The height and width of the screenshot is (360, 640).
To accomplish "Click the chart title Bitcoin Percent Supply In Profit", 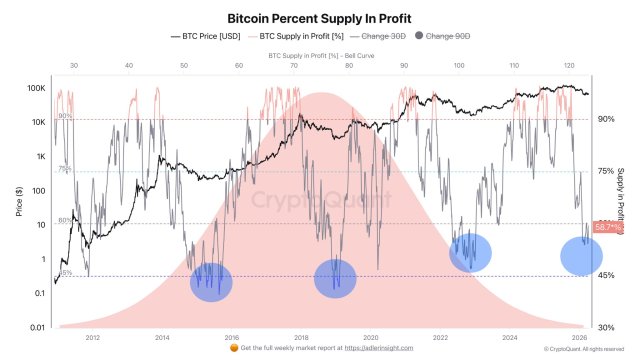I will [x=319, y=18].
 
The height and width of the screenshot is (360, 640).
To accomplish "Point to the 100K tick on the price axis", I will [x=35, y=88].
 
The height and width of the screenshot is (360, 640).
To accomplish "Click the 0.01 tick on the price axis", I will [x=37, y=327].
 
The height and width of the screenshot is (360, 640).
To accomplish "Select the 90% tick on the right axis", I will [x=605, y=119].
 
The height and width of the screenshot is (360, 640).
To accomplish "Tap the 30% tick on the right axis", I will [x=605, y=327].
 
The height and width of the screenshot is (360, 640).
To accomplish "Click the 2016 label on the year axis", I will [x=231, y=337].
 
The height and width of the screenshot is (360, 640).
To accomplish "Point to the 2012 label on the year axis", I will [x=92, y=337].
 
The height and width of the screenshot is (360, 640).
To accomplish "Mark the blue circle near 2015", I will [x=211, y=282].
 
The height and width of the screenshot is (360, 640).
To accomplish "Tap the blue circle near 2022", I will [x=470, y=252].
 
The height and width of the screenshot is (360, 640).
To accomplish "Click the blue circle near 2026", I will [x=581, y=255].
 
